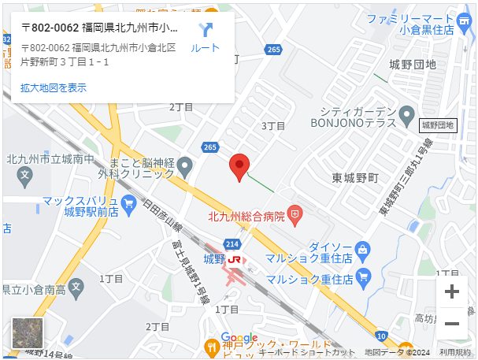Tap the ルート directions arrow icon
pos(206,31)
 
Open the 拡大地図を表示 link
pos(54,87)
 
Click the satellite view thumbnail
pos(28,332)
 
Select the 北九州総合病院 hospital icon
pos(295,213)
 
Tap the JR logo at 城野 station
pos(235,259)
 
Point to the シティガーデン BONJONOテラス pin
pos(406,117)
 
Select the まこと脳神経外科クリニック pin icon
pos(184,166)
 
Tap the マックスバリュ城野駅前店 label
pos(80,206)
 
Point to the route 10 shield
pos(380,336)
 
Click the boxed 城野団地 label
pos(438,124)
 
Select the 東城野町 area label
pos(355,177)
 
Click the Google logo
pos(239,338)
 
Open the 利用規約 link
pos(455,352)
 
